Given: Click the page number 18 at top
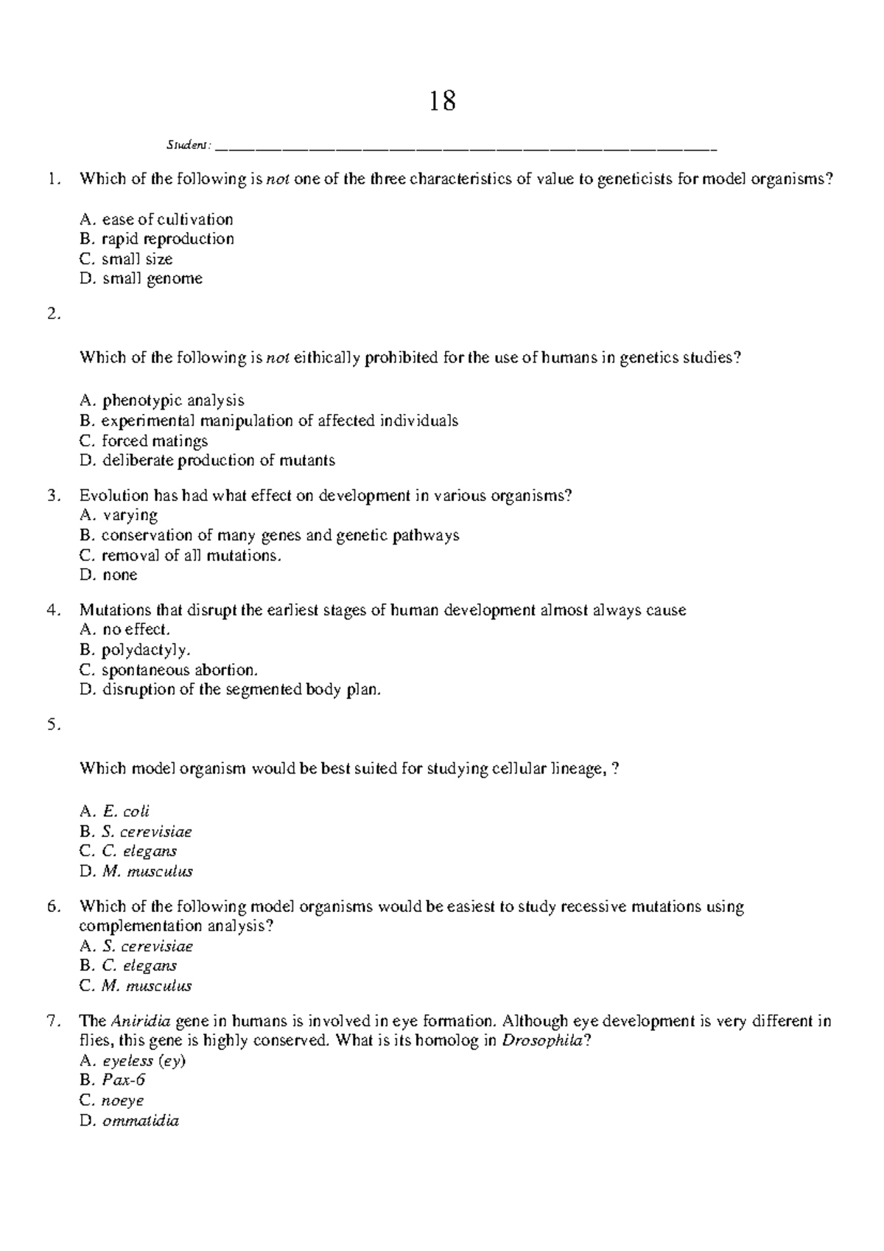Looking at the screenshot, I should (442, 101).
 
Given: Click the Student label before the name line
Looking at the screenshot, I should (188, 144).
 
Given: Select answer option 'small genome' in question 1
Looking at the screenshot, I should (152, 278).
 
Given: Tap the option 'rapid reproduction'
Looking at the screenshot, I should (167, 239).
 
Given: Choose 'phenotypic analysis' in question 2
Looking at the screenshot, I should (172, 401).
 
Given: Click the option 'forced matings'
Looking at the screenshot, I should (154, 441).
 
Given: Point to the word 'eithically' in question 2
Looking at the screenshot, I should (326, 358).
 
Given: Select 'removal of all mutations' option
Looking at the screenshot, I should (191, 555).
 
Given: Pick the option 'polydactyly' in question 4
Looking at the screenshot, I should (145, 650).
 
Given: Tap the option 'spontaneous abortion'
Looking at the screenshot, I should (179, 670).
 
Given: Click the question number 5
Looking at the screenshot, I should (52, 724).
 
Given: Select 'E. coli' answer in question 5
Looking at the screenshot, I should (126, 811).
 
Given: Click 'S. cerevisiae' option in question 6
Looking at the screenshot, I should (147, 946).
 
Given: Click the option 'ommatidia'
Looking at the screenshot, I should (141, 1121).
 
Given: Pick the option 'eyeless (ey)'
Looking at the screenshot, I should (144, 1061).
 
